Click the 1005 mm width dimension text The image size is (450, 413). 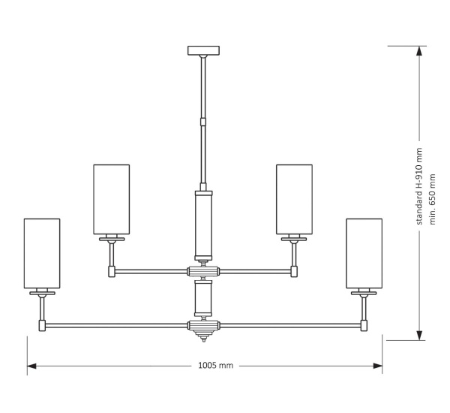(x=216, y=366)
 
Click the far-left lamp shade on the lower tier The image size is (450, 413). (x=41, y=253)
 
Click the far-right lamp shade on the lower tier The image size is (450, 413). (x=364, y=253)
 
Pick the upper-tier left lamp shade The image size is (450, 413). (x=111, y=199)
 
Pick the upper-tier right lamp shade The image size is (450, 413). (x=294, y=199)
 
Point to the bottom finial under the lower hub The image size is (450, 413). (x=202, y=338)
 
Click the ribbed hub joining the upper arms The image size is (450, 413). (x=202, y=271)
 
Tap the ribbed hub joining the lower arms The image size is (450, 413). (x=202, y=326)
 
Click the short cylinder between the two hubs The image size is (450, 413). (x=202, y=298)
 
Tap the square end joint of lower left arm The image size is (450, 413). (x=42, y=326)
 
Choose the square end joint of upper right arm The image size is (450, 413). (x=294, y=271)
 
